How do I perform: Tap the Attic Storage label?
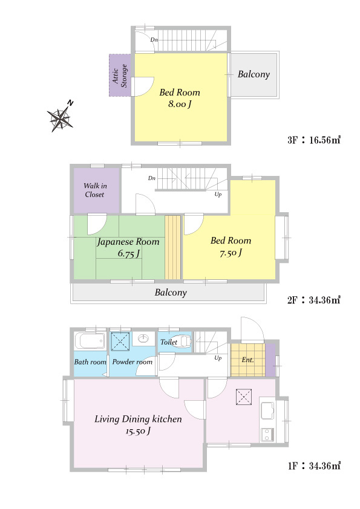(120, 76)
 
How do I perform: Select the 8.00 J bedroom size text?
(179, 104)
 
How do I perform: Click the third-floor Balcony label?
(254, 74)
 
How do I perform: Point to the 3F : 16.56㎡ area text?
(313, 140)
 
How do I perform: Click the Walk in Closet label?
(95, 190)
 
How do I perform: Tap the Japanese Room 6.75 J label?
(128, 247)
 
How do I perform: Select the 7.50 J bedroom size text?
(231, 253)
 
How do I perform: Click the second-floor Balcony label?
(171, 293)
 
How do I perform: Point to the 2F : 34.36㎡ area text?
(313, 300)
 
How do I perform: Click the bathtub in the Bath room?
(90, 342)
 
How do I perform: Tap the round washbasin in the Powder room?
(143, 339)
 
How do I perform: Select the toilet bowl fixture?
(183, 342)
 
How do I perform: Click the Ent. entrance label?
(247, 360)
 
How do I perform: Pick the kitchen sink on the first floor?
(267, 410)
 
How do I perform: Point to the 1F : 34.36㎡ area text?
(314, 466)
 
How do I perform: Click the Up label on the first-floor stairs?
(218, 358)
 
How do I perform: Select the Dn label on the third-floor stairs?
(154, 40)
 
